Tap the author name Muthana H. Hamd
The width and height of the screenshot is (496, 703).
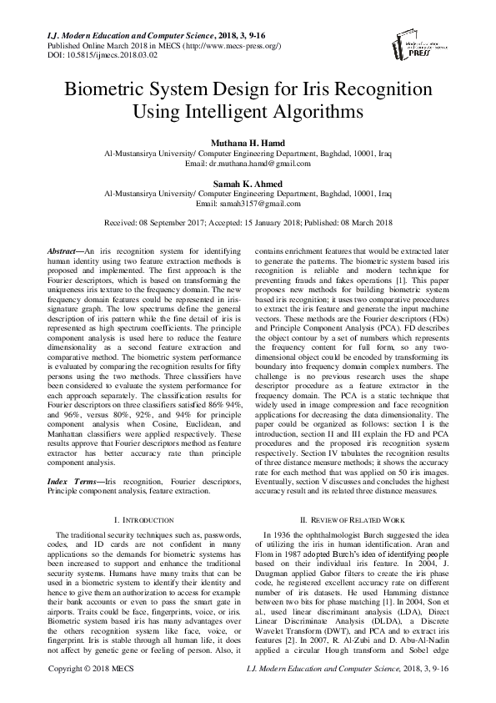(248, 144)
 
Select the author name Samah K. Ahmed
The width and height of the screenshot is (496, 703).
(248, 184)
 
